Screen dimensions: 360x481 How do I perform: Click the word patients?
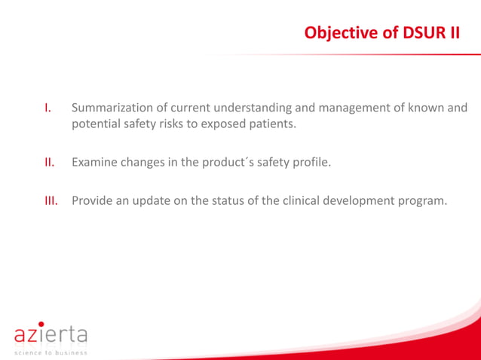pos(271,124)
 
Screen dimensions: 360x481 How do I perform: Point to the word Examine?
pos(95,162)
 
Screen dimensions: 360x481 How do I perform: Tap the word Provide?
pos(93,200)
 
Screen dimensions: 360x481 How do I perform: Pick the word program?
pos(423,200)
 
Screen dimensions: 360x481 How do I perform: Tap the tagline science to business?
pos(51,352)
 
